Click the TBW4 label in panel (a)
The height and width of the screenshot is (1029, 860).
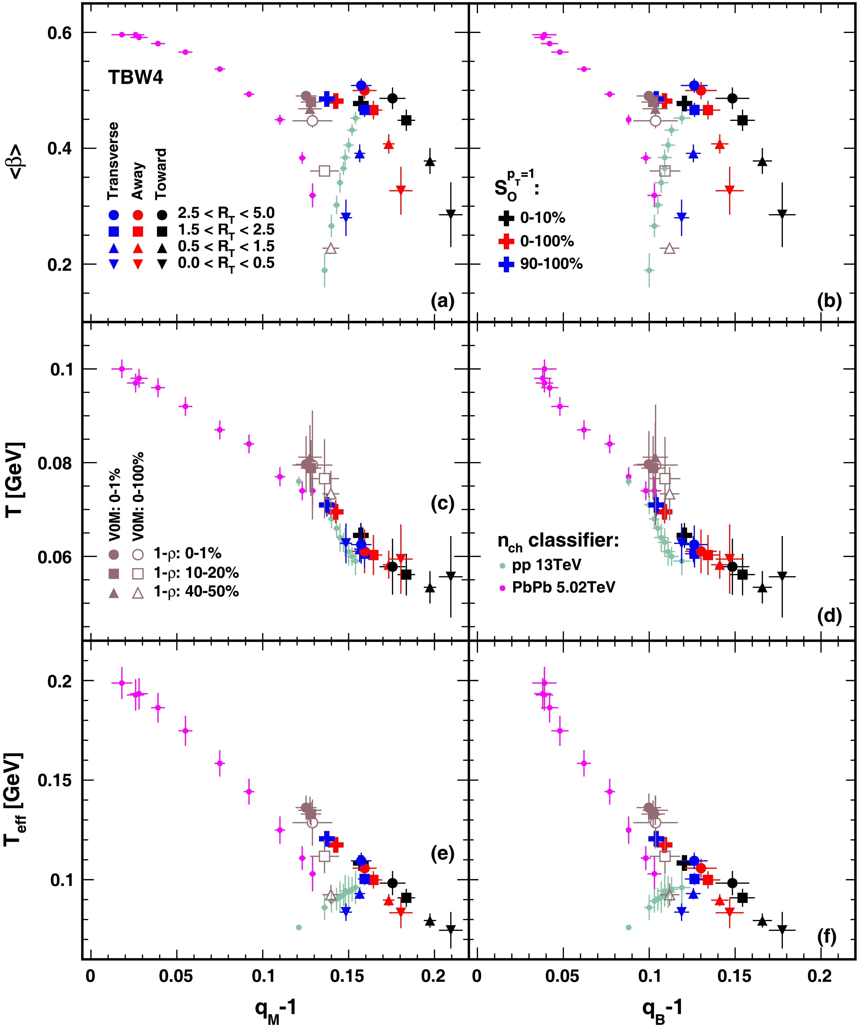[136, 77]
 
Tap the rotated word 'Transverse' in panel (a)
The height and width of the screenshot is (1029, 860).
[113, 161]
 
